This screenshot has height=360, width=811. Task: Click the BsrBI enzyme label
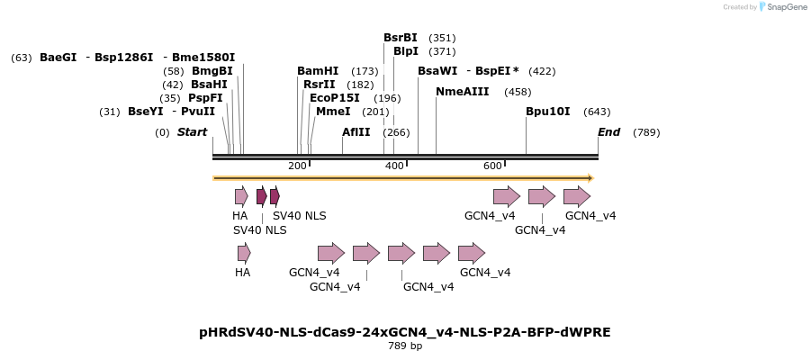(x=401, y=38)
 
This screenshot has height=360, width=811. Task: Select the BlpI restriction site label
(x=406, y=51)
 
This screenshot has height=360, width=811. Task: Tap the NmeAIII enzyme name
(x=462, y=92)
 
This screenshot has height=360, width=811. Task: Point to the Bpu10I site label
(x=548, y=112)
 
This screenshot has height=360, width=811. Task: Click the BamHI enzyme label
(x=318, y=71)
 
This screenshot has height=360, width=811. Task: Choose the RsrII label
(x=320, y=85)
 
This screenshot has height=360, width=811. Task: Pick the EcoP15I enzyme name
(x=335, y=98)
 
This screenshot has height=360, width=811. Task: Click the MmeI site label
(x=333, y=112)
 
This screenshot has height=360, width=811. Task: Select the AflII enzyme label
(x=356, y=132)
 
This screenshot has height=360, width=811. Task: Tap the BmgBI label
(x=212, y=71)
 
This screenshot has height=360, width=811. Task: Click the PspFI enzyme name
(x=205, y=98)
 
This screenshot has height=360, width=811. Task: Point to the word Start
(x=192, y=132)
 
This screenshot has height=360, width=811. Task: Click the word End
(x=609, y=132)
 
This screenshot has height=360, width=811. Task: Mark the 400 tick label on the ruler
(x=395, y=166)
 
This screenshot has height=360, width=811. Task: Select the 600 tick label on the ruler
(x=492, y=166)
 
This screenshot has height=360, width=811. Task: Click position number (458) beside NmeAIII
(x=518, y=92)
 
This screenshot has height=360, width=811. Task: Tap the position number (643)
(x=597, y=112)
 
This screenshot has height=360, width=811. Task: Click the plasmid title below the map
(x=405, y=332)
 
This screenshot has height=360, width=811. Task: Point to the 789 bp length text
(x=405, y=346)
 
